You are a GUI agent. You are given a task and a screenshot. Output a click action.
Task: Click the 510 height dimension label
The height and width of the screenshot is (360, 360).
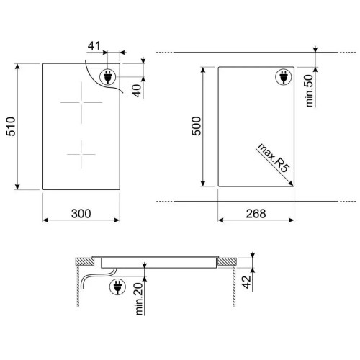click(11, 127)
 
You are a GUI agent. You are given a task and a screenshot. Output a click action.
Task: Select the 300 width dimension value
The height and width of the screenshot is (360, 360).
click(81, 214)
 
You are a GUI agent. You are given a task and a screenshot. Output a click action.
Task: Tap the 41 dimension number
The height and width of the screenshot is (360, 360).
click(94, 45)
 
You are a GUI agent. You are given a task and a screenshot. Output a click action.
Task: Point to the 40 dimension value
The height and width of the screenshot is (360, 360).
click(138, 90)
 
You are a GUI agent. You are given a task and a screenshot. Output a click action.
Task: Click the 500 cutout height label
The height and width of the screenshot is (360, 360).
click(197, 126)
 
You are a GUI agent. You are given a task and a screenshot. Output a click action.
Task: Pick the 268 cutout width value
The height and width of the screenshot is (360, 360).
click(256, 214)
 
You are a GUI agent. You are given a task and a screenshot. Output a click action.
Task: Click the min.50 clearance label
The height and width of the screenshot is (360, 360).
click(310, 91)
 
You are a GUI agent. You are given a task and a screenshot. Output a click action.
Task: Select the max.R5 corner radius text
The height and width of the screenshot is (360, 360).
click(273, 158)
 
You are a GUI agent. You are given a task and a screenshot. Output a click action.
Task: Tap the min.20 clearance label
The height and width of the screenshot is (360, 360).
click(139, 298)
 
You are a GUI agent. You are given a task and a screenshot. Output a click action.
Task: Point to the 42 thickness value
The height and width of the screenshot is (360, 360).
click(246, 282)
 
